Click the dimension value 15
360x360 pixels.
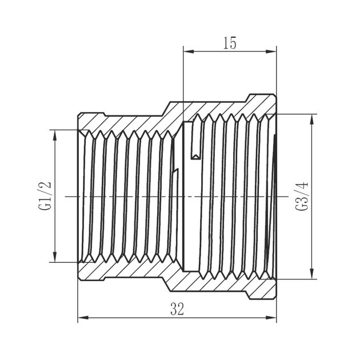click(x=230, y=43)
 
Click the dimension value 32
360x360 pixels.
click(x=177, y=309)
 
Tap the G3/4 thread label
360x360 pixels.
click(x=302, y=197)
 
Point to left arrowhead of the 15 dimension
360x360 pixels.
click(x=189, y=51)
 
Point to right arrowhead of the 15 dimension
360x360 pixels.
click(x=271, y=51)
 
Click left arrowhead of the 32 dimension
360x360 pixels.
click(x=83, y=318)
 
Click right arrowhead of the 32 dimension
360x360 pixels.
click(x=271, y=318)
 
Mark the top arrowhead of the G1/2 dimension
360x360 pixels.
click(x=55, y=135)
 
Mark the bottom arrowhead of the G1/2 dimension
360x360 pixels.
click(x=55, y=257)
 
